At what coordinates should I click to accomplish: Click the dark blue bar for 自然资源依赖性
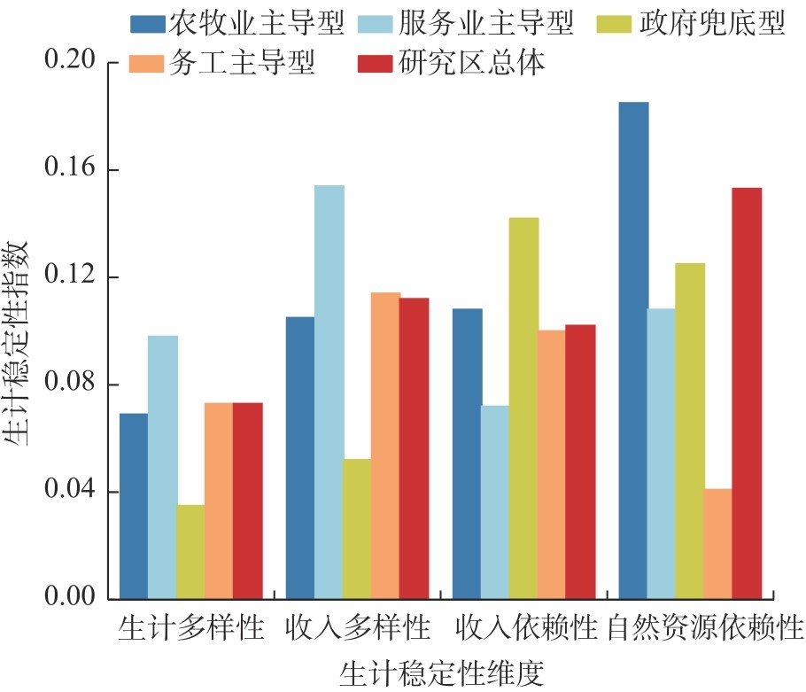tap(633, 350)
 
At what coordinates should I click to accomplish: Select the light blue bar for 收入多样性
tap(329, 392)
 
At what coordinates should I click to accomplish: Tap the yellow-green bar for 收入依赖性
tap(523, 408)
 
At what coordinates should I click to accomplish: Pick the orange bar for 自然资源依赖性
tap(718, 543)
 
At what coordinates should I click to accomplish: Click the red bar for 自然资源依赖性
tap(747, 393)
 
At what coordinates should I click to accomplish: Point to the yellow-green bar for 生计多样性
tap(190, 551)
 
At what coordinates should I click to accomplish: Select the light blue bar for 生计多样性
tap(162, 467)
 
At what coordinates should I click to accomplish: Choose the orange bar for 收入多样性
tap(385, 445)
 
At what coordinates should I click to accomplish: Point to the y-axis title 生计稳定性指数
tap(19, 331)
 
